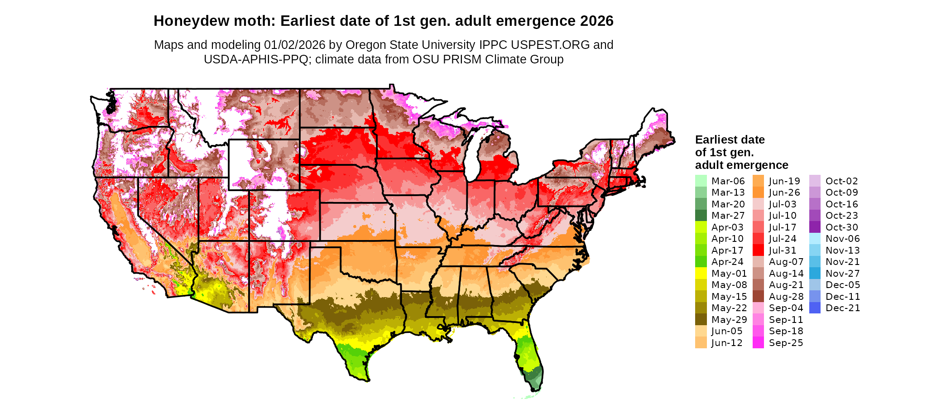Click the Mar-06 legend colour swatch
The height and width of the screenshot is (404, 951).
click(x=701, y=181)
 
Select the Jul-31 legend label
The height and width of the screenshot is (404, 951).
click(x=783, y=250)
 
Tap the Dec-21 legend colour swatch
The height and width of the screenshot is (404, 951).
click(x=815, y=308)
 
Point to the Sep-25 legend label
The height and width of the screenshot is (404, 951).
click(x=786, y=343)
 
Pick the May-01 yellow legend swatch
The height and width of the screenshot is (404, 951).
click(x=701, y=274)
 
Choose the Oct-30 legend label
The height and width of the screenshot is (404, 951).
click(x=841, y=227)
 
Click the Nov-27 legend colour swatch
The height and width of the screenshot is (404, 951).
click(x=815, y=274)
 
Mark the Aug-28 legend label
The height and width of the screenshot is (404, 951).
click(x=786, y=297)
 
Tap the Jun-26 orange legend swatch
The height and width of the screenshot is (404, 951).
click(x=758, y=192)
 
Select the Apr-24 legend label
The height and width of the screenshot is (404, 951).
click(x=727, y=262)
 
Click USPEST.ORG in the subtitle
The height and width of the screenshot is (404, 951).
click(x=550, y=45)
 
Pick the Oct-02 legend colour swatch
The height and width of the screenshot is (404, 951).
click(x=815, y=181)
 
